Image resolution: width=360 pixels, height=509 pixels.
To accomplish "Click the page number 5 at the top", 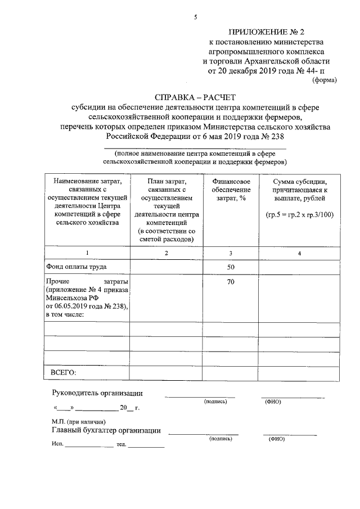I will (195, 17).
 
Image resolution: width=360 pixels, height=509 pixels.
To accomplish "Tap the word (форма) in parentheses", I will (324, 80).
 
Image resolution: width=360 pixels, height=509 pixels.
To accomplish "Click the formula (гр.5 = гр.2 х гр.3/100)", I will (299, 215).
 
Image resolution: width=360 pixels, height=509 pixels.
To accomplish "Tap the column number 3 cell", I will (231, 253).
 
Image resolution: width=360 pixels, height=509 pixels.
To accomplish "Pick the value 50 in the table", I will (231, 267).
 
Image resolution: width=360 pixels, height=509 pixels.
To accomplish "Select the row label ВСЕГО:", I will (64, 372).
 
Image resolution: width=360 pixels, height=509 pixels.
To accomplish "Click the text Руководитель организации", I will (97, 393).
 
